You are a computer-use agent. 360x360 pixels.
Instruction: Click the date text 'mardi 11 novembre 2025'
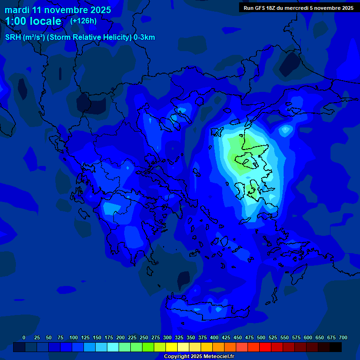[58, 10]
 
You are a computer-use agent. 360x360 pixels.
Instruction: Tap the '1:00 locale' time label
[33, 21]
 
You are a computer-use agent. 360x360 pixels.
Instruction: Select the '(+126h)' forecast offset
[83, 21]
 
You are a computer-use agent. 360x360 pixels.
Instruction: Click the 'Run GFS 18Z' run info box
[298, 8]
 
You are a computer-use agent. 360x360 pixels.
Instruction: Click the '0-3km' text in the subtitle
[144, 37]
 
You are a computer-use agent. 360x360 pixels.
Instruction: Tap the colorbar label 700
[343, 337]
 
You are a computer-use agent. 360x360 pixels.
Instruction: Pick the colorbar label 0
[24, 337]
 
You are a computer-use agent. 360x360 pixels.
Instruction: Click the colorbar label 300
[167, 337]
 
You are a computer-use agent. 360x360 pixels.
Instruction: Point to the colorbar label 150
[97, 337]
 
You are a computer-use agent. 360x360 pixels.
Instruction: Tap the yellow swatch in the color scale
[172, 347]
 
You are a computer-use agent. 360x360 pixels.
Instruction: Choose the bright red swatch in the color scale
[265, 347]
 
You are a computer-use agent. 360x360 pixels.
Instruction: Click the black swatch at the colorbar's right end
[336, 347]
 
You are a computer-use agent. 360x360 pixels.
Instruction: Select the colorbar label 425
[226, 337]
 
